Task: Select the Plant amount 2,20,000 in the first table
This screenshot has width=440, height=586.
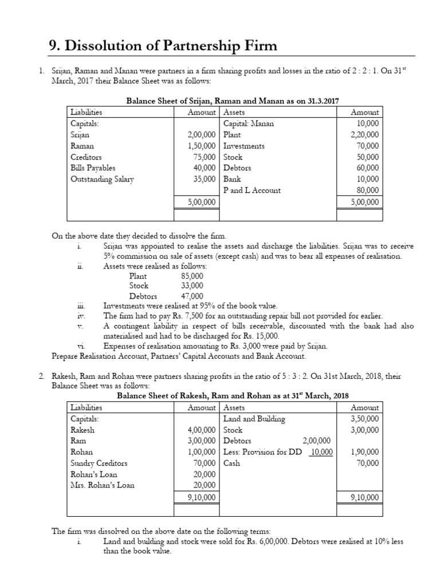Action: tap(364, 135)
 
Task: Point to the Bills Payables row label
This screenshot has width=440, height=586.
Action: tap(93, 168)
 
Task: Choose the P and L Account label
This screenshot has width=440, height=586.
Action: tap(252, 190)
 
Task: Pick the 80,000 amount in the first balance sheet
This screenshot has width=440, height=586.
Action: tap(367, 190)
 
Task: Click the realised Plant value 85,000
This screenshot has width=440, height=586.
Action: tap(191, 275)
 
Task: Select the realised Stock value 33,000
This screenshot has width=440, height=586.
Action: tap(191, 285)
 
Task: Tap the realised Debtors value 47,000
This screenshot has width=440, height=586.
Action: tap(191, 296)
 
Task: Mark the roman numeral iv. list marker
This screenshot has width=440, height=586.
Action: tap(81, 315)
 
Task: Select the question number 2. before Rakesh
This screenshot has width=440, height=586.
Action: tap(41, 375)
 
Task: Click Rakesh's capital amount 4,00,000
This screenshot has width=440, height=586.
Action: tap(200, 430)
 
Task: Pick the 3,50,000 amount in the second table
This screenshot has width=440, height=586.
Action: tap(364, 419)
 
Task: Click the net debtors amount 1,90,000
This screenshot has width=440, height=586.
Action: tap(364, 452)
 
